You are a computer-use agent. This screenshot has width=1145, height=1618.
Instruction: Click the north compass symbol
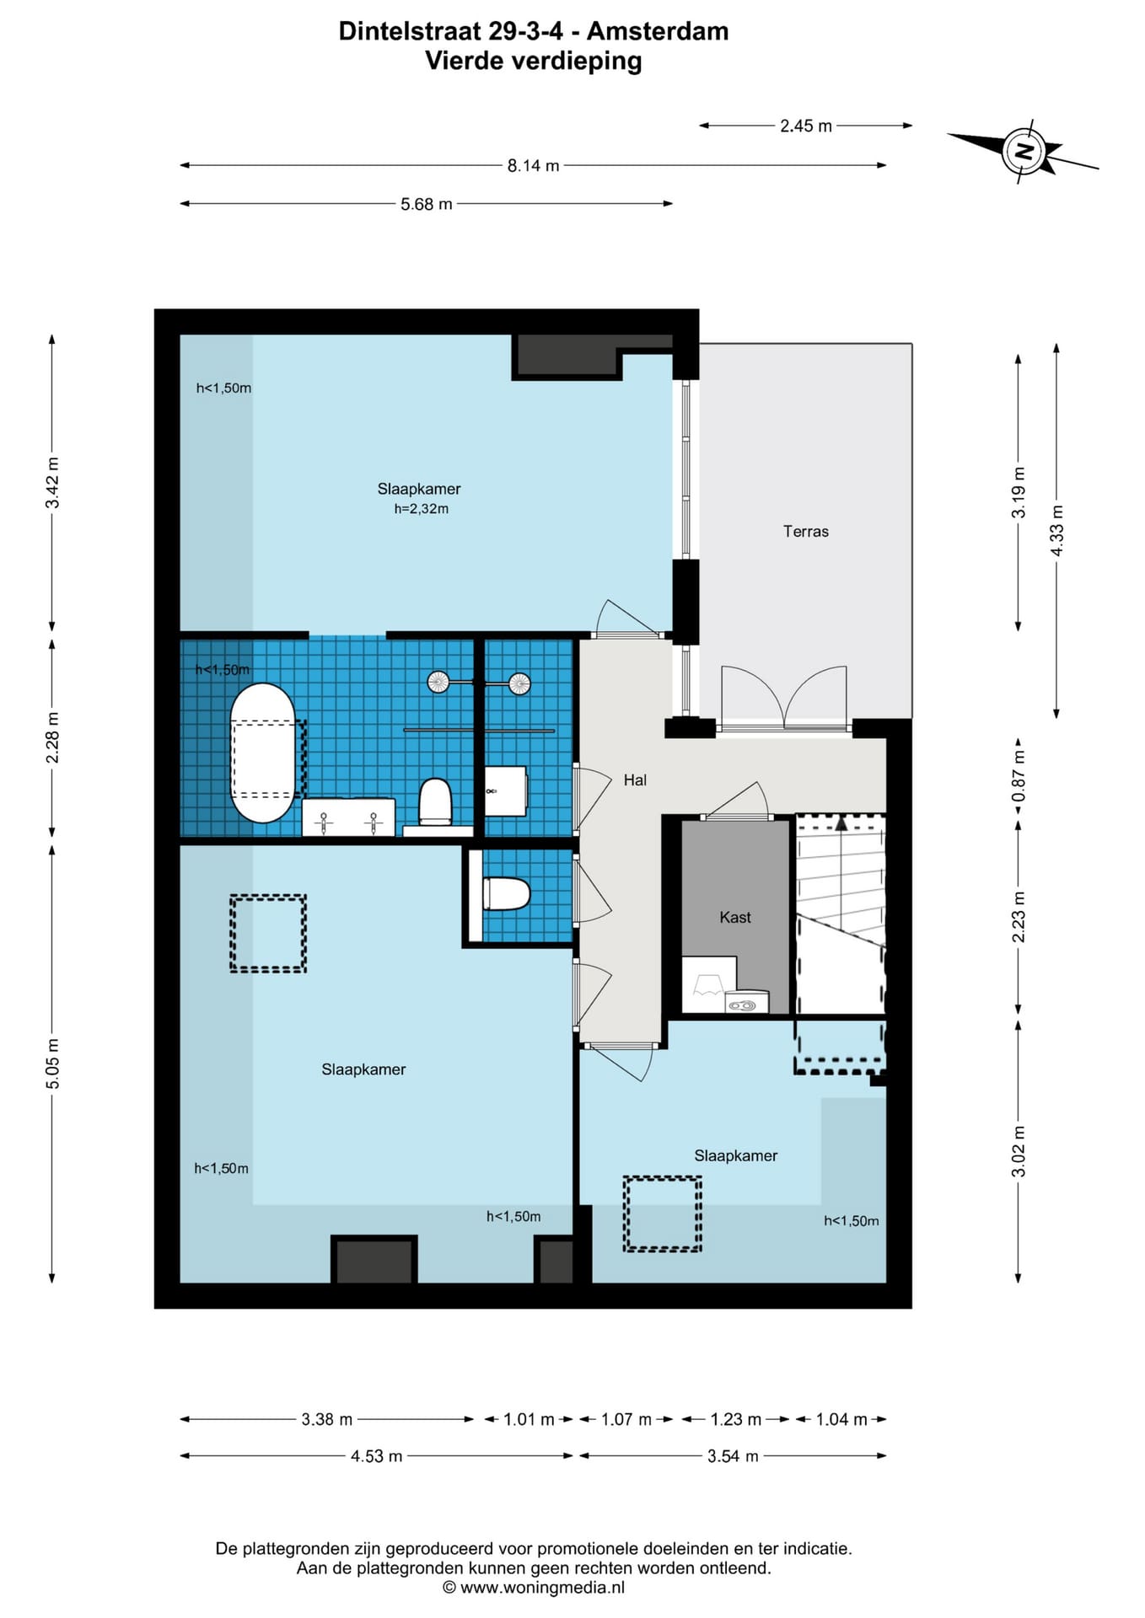tap(1024, 153)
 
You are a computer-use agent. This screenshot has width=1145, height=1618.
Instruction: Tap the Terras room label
tap(805, 531)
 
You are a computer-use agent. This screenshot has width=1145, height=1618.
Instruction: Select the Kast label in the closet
tap(734, 917)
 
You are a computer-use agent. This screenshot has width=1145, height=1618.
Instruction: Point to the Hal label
tap(635, 780)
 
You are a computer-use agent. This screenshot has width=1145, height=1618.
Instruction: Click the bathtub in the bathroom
tap(263, 753)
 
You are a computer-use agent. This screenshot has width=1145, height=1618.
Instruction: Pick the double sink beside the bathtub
tap(348, 817)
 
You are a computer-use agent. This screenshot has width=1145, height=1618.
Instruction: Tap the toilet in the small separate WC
tap(505, 894)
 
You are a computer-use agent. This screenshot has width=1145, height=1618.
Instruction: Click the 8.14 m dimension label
tap(533, 166)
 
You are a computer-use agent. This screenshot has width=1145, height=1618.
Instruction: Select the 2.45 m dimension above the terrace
tap(805, 126)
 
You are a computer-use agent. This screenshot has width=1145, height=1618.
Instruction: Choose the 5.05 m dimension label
tap(53, 1063)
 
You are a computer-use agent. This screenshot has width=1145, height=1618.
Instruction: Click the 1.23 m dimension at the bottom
tap(735, 1419)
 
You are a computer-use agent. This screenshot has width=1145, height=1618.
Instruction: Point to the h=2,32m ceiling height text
tap(421, 509)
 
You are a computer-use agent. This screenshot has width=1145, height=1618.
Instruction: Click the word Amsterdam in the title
tap(658, 31)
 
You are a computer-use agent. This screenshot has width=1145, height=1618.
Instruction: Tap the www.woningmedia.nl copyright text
tap(542, 1588)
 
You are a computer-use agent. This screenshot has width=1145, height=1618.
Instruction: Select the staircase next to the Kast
tap(841, 913)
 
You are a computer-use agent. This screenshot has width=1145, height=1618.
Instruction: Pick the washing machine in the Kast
tap(747, 1002)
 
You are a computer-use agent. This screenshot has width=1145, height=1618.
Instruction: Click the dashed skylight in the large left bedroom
tap(268, 934)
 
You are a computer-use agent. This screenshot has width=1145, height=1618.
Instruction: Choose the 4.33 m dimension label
tap(1056, 530)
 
